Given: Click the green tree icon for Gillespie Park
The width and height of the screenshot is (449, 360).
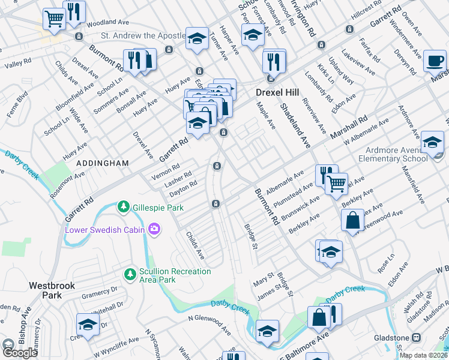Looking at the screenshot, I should (124, 206).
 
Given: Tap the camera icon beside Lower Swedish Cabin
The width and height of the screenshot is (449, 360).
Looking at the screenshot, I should (155, 229).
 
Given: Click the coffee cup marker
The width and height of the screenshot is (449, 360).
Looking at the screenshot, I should (435, 60).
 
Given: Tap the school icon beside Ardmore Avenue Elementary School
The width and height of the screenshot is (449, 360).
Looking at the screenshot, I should (432, 142).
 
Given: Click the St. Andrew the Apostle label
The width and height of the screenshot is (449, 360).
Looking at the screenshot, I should (142, 36).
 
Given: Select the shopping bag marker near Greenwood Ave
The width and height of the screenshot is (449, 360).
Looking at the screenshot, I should (352, 220).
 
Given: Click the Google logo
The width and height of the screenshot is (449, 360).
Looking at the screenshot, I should (20, 352).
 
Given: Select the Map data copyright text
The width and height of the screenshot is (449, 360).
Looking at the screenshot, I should (423, 355).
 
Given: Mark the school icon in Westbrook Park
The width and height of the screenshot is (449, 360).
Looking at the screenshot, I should (88, 326).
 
